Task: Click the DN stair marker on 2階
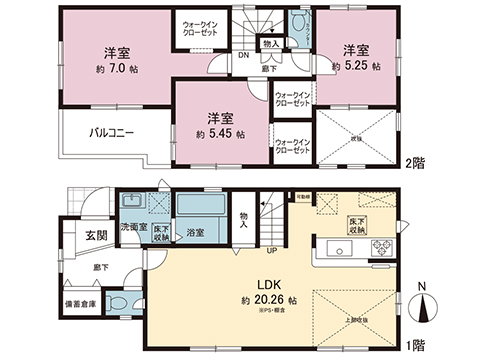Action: (243, 58)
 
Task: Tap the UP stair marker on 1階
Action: (269, 250)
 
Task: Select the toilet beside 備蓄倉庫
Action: (117, 304)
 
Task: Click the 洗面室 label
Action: (136, 227)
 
